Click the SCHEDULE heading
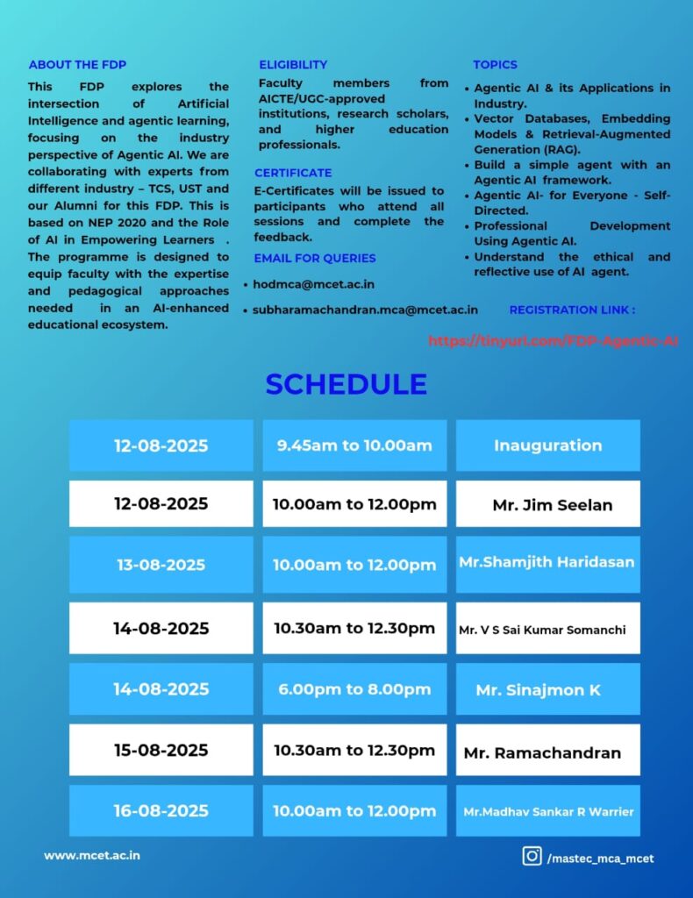pyautogui.click(x=346, y=384)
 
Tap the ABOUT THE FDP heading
pyautogui.click(x=77, y=65)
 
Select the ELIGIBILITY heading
pyautogui.click(x=293, y=65)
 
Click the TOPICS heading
pyautogui.click(x=495, y=65)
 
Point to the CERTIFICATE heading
pyautogui.click(x=293, y=173)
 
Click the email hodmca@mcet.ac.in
pyautogui.click(x=313, y=284)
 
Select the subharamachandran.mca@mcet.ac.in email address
pyautogui.click(x=365, y=309)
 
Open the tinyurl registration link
pyautogui.click(x=553, y=340)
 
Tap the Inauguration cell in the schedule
pyautogui.click(x=547, y=445)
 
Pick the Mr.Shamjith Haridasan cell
pyautogui.click(x=547, y=563)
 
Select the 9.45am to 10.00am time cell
pyautogui.click(x=354, y=445)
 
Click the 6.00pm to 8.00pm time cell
pyautogui.click(x=354, y=689)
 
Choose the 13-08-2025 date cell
pyautogui.click(x=161, y=565)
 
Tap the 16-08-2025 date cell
pyautogui.click(x=161, y=810)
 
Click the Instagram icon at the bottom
pyautogui.click(x=532, y=856)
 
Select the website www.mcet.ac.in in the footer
pyautogui.click(x=92, y=855)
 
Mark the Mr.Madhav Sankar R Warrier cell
pyautogui.click(x=547, y=811)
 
